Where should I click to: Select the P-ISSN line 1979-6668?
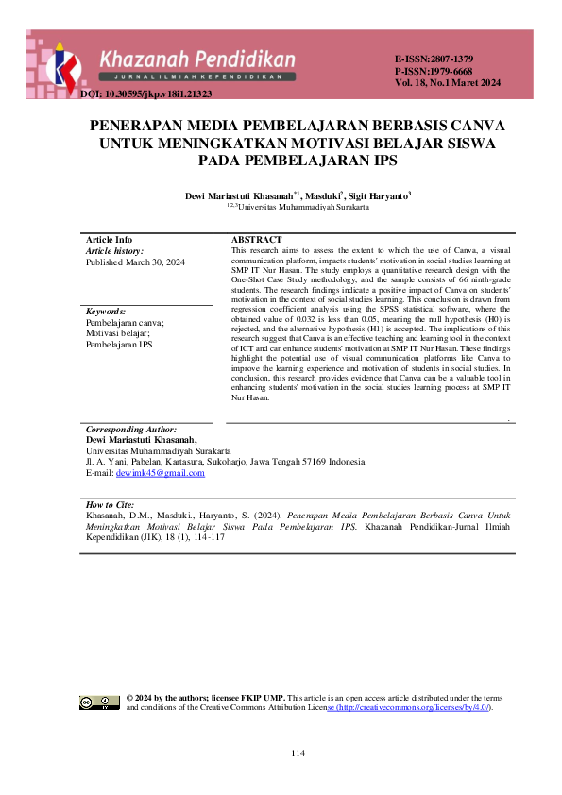[434, 71]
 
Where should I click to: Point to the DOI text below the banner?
[146, 94]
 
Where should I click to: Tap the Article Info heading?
[109, 240]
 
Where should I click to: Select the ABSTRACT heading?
[257, 240]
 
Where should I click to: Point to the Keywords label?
[106, 312]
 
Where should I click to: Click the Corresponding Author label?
[130, 430]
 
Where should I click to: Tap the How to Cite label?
[110, 506]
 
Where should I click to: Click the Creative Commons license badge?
[99, 702]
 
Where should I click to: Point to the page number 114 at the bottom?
[298, 753]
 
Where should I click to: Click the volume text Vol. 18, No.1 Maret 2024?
[448, 83]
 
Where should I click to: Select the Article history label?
[114, 251]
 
